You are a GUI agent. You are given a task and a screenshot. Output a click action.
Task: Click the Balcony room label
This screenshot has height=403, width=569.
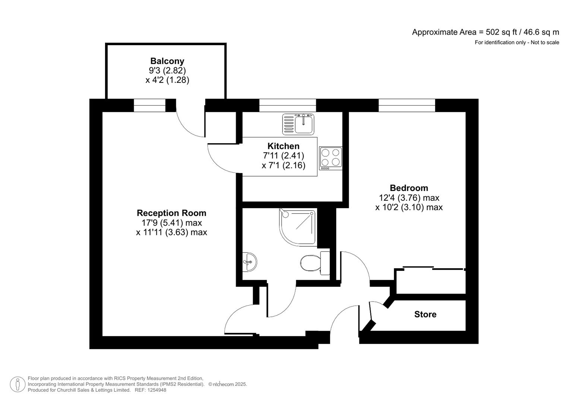(167, 61)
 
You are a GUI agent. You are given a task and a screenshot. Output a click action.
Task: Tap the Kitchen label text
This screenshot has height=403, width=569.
(283, 146)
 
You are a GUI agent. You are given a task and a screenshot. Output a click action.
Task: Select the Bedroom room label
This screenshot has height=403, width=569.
(409, 188)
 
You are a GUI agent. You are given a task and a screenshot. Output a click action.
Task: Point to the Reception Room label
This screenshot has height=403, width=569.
(171, 213)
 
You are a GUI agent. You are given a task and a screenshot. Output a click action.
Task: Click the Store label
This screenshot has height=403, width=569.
(425, 314)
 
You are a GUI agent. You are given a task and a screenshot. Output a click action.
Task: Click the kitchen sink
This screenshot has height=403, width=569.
(298, 124)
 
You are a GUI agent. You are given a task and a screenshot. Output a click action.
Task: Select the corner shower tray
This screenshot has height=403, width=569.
(297, 227)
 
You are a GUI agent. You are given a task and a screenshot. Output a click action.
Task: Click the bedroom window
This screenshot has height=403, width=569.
(407, 105)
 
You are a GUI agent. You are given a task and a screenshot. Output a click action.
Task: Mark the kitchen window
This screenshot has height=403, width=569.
(287, 105)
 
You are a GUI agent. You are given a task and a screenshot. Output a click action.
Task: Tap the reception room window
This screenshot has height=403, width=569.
(149, 105)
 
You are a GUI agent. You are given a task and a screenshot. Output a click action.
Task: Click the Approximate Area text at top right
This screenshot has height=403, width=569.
(485, 32)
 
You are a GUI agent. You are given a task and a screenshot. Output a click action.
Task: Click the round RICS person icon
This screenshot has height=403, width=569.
(18, 384)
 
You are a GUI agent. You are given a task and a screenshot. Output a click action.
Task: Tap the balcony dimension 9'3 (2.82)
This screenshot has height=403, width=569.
(167, 70)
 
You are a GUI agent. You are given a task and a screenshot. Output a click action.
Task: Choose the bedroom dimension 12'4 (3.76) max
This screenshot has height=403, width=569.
(409, 197)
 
